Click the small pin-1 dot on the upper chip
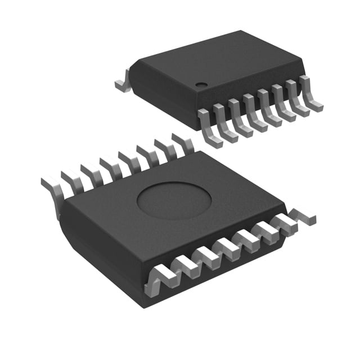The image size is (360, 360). pos(200,84)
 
